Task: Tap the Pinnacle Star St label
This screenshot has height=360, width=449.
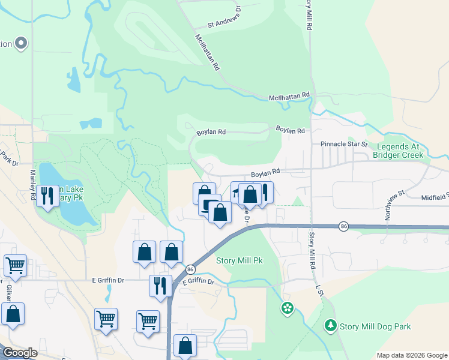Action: pyautogui.click(x=343, y=144)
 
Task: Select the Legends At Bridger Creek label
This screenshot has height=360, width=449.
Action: pyautogui.click(x=398, y=151)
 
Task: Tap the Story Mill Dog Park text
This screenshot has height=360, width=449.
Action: pyautogui.click(x=375, y=326)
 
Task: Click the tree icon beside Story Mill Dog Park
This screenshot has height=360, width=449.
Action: pyautogui.click(x=330, y=326)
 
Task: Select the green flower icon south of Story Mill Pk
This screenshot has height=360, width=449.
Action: pyautogui.click(x=288, y=308)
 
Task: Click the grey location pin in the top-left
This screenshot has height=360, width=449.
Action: pyautogui.click(x=21, y=43)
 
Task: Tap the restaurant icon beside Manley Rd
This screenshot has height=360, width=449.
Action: pyautogui.click(x=47, y=195)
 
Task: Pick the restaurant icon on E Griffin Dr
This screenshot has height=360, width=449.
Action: pyautogui.click(x=159, y=285)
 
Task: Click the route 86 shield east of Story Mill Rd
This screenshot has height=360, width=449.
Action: pyautogui.click(x=343, y=226)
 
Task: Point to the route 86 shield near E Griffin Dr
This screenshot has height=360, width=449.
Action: pyautogui.click(x=190, y=269)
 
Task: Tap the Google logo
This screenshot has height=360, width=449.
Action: pyautogui.click(x=20, y=353)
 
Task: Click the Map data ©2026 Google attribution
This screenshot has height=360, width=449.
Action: pyautogui.click(x=411, y=355)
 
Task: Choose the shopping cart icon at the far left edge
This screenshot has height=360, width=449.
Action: pyautogui.click(x=14, y=265)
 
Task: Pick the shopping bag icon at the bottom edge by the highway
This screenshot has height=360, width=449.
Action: pyautogui.click(x=185, y=345)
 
